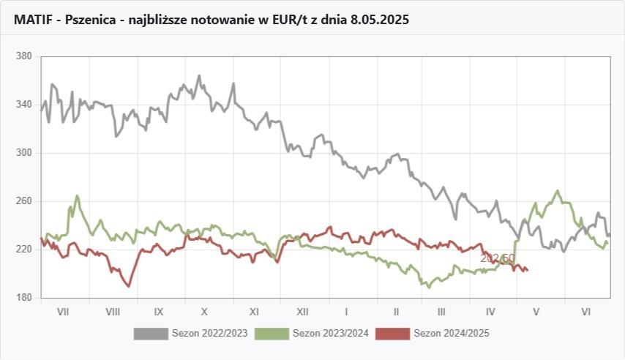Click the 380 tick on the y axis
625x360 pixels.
click(x=25, y=56)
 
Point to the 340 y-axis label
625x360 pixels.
click(x=25, y=105)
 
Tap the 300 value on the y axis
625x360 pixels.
click(x=25, y=153)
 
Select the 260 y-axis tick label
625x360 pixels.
click(x=25, y=201)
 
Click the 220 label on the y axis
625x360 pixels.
click(x=25, y=250)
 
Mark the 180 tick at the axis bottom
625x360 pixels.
click(x=25, y=298)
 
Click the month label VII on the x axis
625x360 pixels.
click(x=63, y=311)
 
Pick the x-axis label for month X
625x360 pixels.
click(x=206, y=311)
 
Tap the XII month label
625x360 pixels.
click(x=302, y=311)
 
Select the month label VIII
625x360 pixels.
click(x=112, y=311)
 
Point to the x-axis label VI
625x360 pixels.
click(x=585, y=311)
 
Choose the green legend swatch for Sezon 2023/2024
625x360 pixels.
click(x=271, y=334)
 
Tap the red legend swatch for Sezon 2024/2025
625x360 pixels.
click(x=392, y=334)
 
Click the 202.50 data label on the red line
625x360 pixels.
click(x=497, y=258)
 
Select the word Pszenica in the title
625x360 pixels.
click(x=91, y=20)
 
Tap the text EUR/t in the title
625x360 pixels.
click(x=277, y=20)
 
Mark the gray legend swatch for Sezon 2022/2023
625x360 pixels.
click(x=150, y=334)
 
